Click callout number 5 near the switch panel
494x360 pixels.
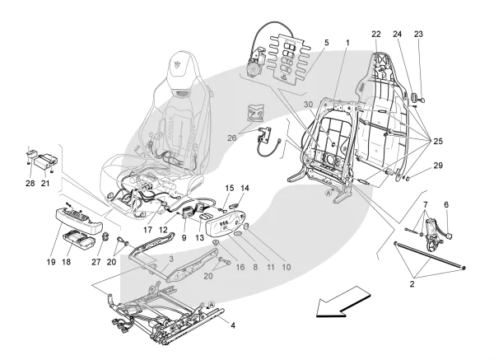(x=326, y=42)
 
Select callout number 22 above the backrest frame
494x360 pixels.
(x=376, y=34)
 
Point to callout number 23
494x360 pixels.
(x=419, y=34)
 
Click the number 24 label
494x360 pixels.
(x=398, y=34)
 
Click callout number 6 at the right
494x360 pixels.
(x=446, y=205)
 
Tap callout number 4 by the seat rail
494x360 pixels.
(x=233, y=325)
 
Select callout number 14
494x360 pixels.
(x=244, y=189)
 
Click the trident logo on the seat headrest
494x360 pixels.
(x=179, y=63)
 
